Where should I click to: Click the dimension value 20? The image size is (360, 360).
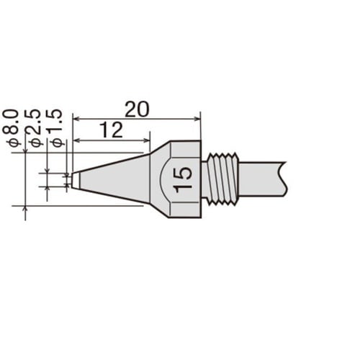[137, 109]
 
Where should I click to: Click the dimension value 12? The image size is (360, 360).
[111, 130]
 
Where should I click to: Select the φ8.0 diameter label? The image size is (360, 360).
[11, 128]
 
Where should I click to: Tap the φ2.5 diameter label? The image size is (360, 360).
[34, 127]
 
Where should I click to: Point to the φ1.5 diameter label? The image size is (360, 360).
[55, 128]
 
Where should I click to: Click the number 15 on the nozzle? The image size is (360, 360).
[184, 179]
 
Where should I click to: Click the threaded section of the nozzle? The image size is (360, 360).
[223, 179]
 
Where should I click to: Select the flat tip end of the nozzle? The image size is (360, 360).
[72, 179]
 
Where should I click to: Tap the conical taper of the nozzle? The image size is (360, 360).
[113, 179]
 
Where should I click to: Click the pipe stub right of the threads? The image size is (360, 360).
[262, 179]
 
